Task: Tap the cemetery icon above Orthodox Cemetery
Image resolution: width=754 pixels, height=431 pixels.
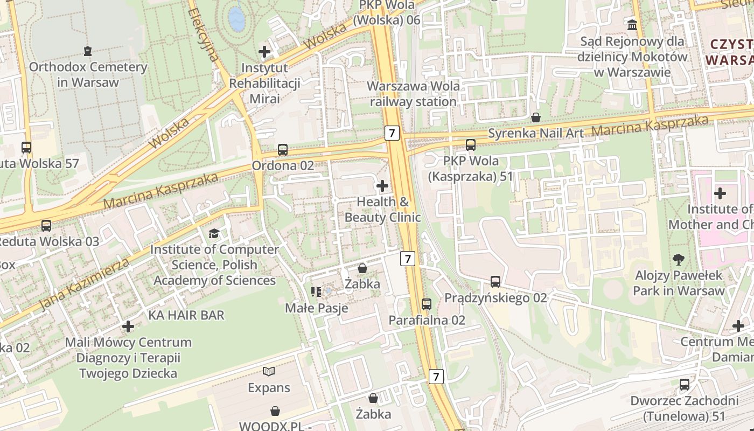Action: pos(88,51)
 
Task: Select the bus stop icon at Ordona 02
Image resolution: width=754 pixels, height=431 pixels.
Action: pos(283,150)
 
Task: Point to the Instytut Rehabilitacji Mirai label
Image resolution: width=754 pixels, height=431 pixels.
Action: pos(264,84)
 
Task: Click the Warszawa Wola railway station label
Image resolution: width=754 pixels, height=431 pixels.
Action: pos(413,94)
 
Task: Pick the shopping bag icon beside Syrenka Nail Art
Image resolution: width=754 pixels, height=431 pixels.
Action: pos(536,117)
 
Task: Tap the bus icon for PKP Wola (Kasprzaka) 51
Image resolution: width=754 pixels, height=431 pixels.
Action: pos(471,145)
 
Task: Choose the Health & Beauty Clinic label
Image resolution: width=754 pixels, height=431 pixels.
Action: pos(382,210)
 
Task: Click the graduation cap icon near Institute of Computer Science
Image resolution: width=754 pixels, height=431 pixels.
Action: pos(214,233)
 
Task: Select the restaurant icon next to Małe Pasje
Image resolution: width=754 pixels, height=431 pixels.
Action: pos(316,292)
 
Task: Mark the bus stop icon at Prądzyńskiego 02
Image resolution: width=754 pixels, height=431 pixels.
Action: pos(495,282)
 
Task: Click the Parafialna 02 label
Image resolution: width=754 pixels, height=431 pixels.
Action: pos(427,320)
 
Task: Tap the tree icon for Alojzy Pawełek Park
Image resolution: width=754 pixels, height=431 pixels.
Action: pos(679,260)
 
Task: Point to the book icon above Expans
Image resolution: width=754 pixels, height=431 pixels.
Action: pos(269,371)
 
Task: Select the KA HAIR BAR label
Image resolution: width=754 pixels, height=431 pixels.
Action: pos(186,315)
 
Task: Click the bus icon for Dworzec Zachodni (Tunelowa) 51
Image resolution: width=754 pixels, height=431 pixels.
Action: pos(685,385)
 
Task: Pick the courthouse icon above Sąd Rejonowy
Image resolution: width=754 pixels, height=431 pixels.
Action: pos(632,25)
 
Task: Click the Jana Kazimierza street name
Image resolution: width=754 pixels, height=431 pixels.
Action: pos(85,284)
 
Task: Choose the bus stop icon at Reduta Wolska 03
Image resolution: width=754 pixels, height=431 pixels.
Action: pos(46,226)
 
